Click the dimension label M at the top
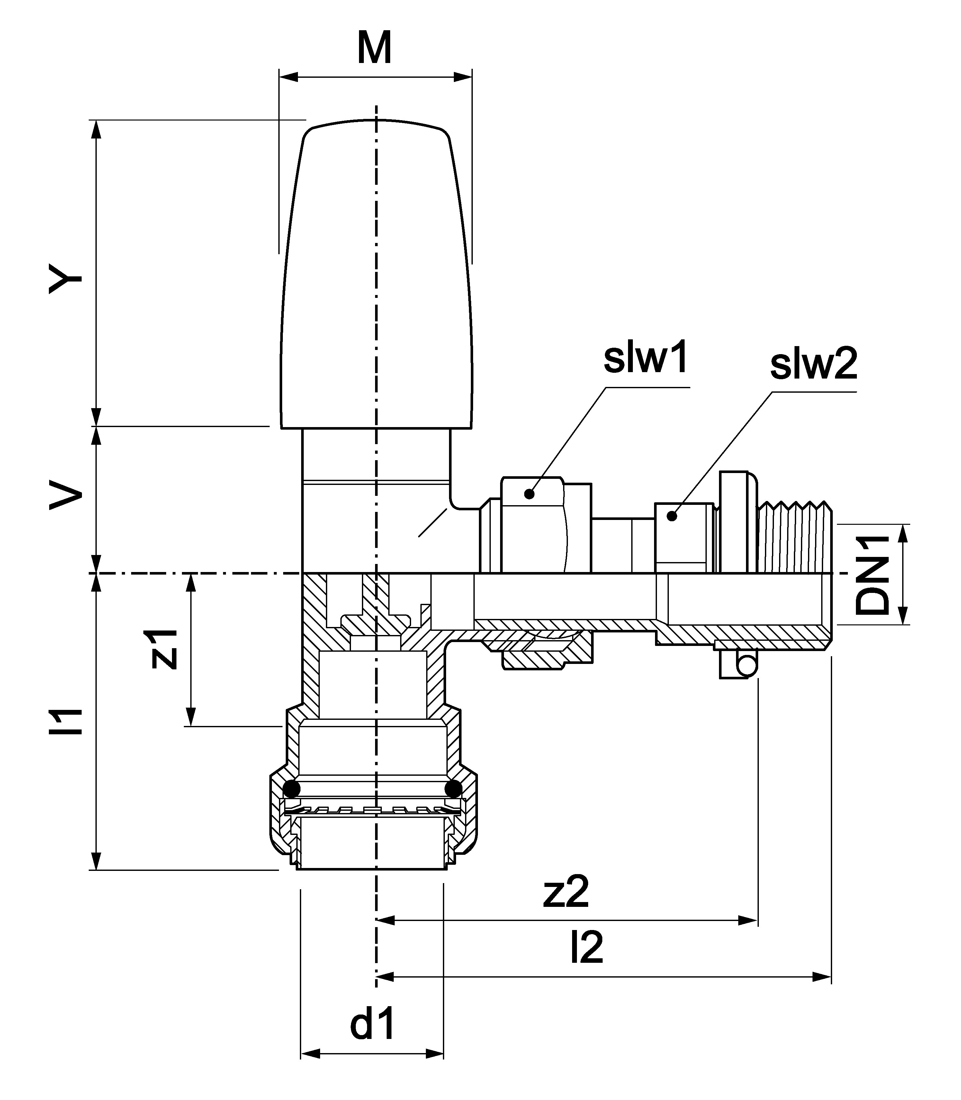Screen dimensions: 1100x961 [374, 48]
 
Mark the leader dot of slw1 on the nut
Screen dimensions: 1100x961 [530, 494]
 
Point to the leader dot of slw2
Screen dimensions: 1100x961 [671, 516]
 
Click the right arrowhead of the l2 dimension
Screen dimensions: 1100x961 [823, 976]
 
